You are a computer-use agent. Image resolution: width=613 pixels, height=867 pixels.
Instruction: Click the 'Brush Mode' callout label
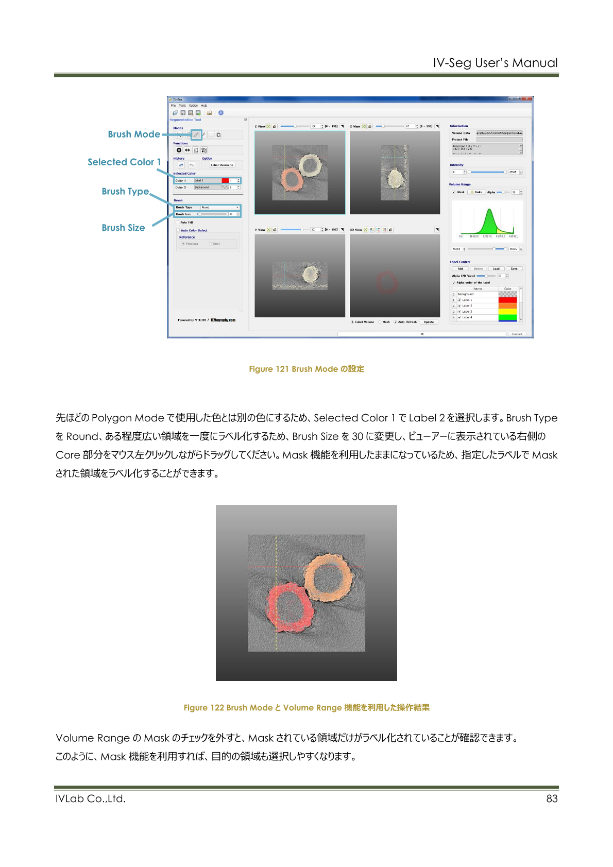click(x=134, y=134)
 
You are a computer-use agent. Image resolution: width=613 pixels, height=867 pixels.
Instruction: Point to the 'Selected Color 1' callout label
click(x=124, y=162)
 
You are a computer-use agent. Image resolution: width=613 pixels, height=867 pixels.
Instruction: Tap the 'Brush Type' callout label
click(x=125, y=192)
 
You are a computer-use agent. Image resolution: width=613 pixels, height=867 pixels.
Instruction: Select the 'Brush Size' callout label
click(x=123, y=228)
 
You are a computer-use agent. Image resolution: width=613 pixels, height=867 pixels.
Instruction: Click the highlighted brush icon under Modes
click(x=196, y=135)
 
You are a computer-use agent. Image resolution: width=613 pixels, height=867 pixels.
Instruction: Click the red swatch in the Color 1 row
click(x=225, y=181)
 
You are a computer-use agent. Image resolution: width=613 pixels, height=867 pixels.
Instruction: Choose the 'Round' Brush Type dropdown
click(x=219, y=208)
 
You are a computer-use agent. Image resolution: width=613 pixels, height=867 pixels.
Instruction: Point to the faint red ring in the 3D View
click(x=387, y=282)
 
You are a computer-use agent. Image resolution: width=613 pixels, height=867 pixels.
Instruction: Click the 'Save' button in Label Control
click(x=514, y=269)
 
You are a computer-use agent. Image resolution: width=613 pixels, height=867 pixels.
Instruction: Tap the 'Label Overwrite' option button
click(x=222, y=165)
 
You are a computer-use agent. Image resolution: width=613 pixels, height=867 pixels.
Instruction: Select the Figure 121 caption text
click(x=306, y=369)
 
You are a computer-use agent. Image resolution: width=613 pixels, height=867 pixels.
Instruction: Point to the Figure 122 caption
click(x=306, y=708)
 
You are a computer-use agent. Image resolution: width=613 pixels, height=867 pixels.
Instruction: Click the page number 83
click(x=552, y=798)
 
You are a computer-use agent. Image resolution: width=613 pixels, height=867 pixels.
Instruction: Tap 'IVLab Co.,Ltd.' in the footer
click(x=91, y=798)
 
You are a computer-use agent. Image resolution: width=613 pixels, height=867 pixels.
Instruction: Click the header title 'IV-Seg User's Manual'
click(x=495, y=63)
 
